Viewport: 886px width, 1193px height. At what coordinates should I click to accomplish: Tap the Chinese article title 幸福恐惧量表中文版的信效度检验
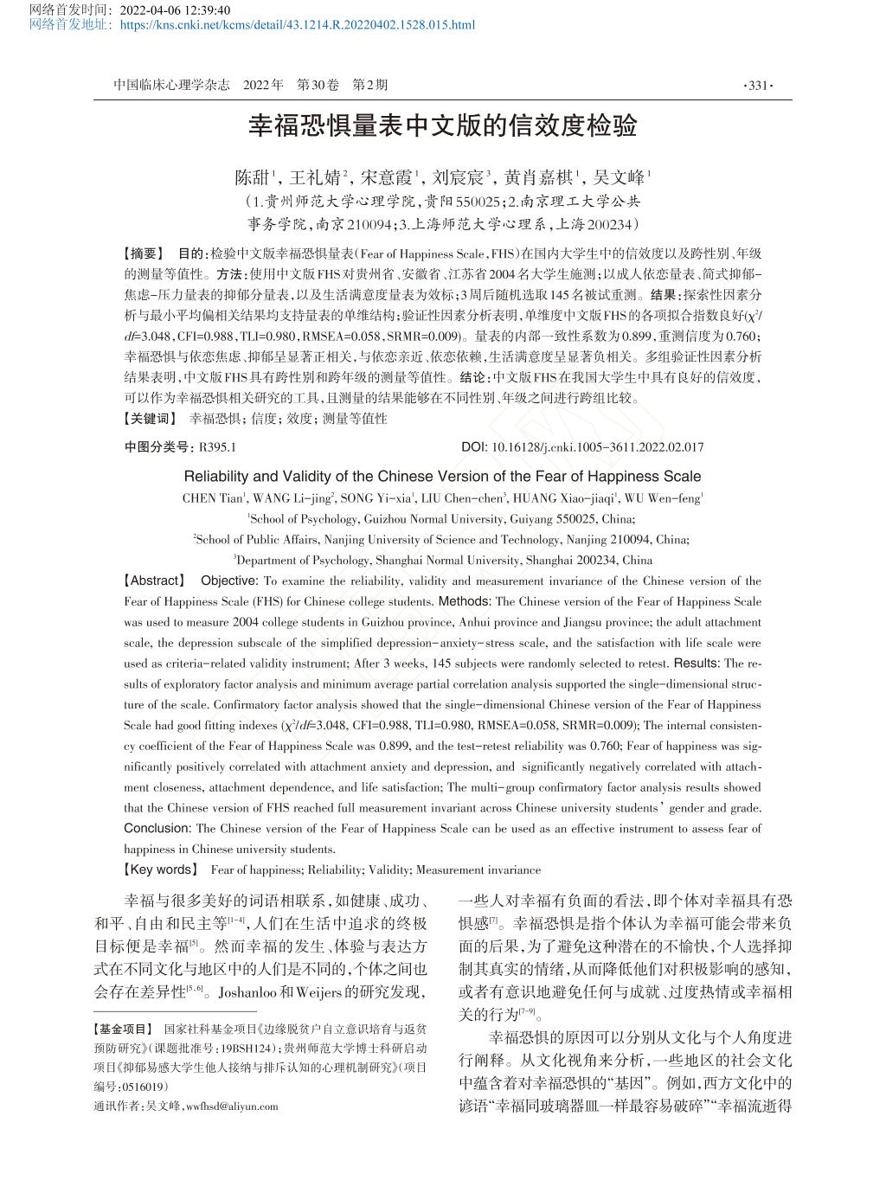pos(442,126)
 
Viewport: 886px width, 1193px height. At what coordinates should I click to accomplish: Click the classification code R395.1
pos(217,447)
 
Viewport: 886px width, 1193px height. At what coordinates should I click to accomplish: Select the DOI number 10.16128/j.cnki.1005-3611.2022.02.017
pos(597,447)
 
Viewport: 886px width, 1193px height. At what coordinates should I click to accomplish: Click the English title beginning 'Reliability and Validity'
pos(442,477)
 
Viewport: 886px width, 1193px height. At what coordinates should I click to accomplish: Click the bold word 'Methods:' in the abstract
pos(465,601)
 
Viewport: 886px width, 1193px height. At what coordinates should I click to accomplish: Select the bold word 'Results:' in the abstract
pos(696,664)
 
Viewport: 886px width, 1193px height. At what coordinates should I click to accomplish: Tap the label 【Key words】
pos(161,869)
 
